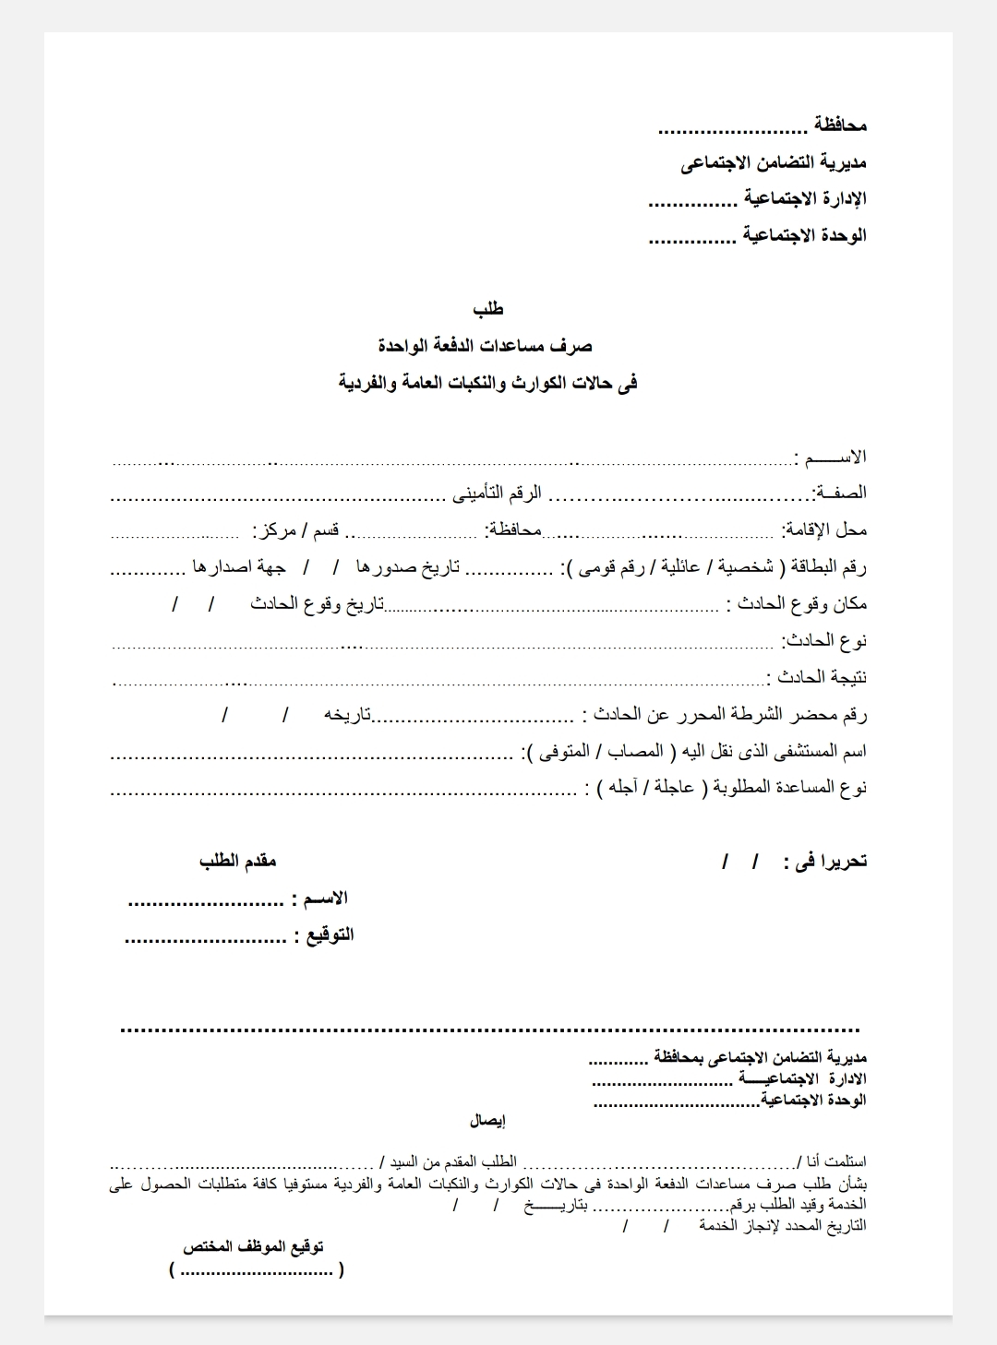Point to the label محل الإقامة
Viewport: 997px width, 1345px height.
[x=824, y=530]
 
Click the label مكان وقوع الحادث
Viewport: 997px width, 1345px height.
[x=797, y=603]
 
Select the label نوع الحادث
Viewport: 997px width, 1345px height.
[x=824, y=640]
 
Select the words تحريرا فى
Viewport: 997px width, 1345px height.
[x=824, y=862]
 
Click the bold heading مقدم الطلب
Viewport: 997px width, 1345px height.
[x=238, y=862]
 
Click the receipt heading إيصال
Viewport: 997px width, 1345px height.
[x=487, y=1122]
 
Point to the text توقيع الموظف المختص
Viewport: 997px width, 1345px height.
[x=253, y=1247]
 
